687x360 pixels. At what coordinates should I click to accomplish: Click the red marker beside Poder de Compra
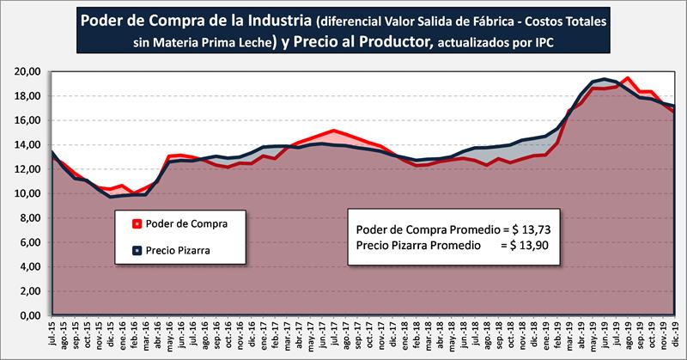(x=138, y=224)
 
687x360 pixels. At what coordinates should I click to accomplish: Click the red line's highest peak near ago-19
(x=629, y=78)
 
